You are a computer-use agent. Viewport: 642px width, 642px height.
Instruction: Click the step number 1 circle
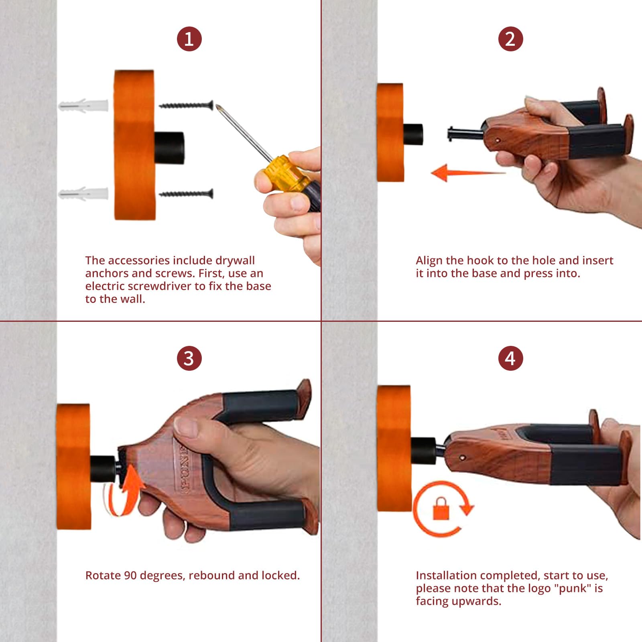[189, 39]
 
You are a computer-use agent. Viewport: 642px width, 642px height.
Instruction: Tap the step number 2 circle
[510, 39]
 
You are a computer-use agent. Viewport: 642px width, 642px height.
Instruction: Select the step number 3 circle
[189, 358]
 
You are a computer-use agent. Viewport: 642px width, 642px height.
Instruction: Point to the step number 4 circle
[510, 358]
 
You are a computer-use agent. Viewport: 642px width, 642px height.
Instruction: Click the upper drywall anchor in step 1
[83, 106]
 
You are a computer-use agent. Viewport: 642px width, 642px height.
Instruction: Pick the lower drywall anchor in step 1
[83, 194]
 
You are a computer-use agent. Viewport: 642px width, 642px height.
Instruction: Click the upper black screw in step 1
[186, 106]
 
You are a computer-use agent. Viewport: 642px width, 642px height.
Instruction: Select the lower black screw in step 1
[186, 194]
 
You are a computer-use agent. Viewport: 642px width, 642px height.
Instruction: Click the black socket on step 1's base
[169, 147]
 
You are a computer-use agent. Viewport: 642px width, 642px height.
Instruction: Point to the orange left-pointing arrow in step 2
[468, 173]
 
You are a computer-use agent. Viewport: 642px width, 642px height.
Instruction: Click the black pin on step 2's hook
[465, 133]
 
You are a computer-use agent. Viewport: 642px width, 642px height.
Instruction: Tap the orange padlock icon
[441, 509]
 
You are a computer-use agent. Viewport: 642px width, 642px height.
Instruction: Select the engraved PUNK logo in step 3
[186, 468]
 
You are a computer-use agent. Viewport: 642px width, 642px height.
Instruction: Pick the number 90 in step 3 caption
[130, 575]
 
